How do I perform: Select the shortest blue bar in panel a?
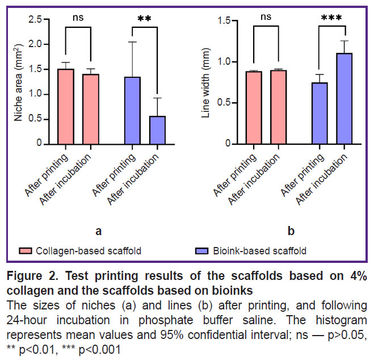(x=157, y=130)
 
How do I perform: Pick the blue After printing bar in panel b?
(x=321, y=113)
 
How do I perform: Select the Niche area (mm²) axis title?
(x=19, y=82)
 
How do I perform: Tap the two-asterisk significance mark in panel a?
(x=144, y=19)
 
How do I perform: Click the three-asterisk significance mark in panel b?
(x=331, y=18)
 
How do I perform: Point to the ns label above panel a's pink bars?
(x=78, y=17)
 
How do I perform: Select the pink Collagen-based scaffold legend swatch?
(x=25, y=250)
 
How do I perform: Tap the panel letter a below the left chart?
(x=98, y=231)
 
